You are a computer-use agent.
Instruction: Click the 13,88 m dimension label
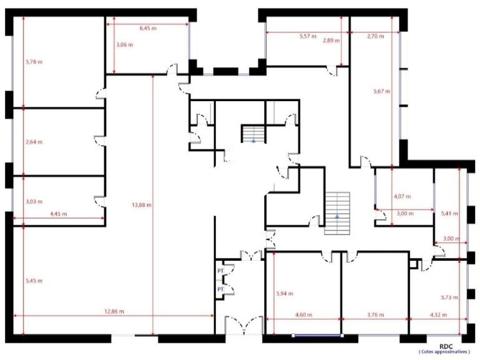coord(142,205)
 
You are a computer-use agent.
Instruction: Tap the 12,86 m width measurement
coord(114,312)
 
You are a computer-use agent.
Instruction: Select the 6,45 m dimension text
coord(148,28)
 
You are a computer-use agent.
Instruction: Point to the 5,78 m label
coord(34,62)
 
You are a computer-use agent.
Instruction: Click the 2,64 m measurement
coord(34,142)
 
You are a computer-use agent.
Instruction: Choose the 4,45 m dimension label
coord(58,214)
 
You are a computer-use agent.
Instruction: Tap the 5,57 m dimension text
coord(308,36)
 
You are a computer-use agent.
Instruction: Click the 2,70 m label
coord(375,36)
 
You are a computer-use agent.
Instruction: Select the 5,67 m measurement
coord(382,91)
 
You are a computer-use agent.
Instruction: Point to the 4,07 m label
coord(402,197)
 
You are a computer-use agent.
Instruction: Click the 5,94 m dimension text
coord(285,294)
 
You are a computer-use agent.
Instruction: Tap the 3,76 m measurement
coord(375,314)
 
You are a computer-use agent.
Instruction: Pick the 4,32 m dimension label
coord(438,314)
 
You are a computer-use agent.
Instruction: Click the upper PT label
coord(221,271)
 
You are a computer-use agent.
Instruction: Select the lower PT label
coord(221,289)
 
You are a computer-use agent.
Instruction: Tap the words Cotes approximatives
coord(444,352)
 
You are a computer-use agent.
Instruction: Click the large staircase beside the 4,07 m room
coord(337,213)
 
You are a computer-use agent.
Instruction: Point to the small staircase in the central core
coord(253,134)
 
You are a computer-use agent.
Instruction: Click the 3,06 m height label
coord(125,45)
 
